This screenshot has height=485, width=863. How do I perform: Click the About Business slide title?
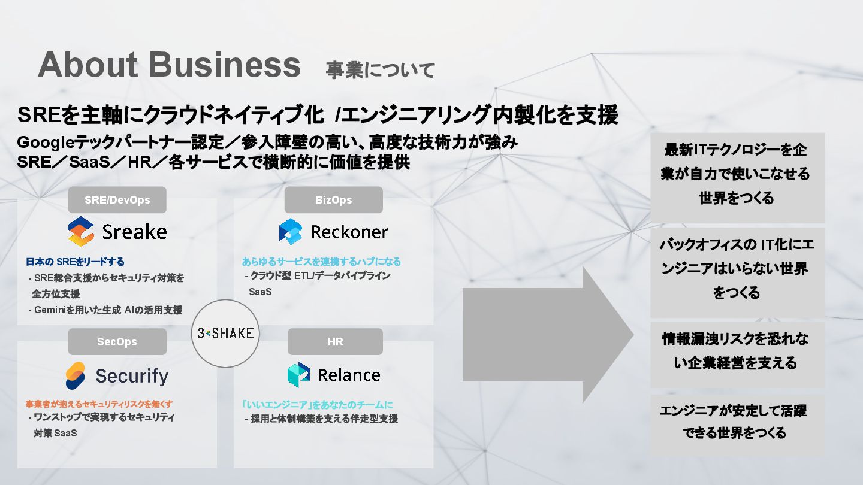(x=169, y=65)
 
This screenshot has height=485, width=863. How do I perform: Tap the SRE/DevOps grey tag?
(x=117, y=200)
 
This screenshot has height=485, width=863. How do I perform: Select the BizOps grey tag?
(x=333, y=200)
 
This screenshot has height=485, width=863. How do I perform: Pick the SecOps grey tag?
(x=117, y=342)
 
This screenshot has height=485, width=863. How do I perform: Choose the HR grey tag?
(x=335, y=342)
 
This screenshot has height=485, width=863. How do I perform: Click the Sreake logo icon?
(x=81, y=232)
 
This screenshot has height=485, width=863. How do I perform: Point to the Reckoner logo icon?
(x=291, y=232)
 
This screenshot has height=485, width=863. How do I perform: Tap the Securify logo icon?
(x=76, y=376)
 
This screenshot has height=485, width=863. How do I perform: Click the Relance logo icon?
(x=298, y=375)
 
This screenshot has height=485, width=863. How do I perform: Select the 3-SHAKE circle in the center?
(x=225, y=333)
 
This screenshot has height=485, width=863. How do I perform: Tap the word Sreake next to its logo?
(x=134, y=232)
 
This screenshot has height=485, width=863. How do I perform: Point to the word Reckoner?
(x=349, y=232)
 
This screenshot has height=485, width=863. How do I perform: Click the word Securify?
(x=132, y=376)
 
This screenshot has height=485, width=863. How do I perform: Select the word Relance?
(x=349, y=375)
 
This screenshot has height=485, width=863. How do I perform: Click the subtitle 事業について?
(x=380, y=70)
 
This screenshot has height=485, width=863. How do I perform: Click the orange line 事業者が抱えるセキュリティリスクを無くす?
(x=99, y=404)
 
